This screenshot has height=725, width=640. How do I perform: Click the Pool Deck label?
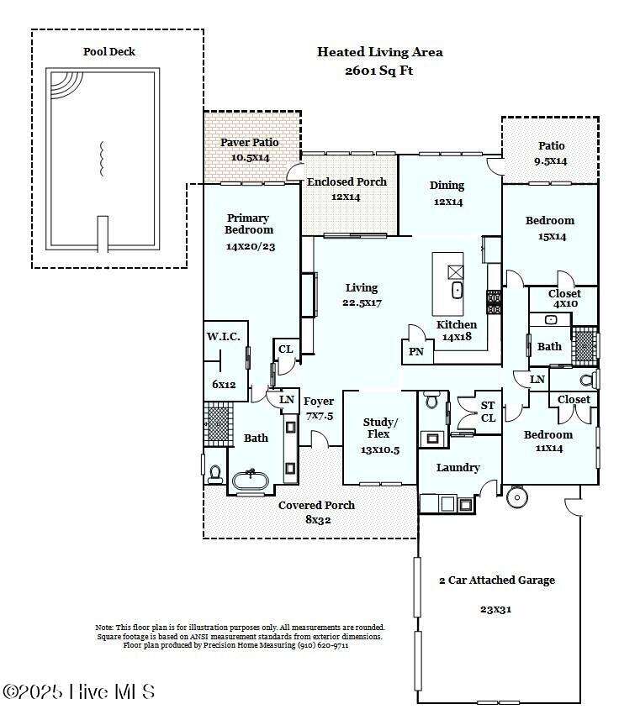[x=108, y=51]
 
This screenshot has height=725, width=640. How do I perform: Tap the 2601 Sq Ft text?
[x=378, y=71]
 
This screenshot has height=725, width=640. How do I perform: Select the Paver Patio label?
[x=249, y=143]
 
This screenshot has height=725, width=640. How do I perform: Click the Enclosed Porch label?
[x=346, y=182]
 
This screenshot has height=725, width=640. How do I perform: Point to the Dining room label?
[x=447, y=186]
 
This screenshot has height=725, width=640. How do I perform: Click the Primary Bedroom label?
[x=249, y=224]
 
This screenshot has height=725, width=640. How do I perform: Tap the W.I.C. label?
[x=224, y=337]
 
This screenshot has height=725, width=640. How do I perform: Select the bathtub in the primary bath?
[x=250, y=480]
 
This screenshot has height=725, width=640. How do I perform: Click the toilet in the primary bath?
[x=215, y=475]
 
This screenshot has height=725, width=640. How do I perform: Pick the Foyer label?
[x=319, y=402]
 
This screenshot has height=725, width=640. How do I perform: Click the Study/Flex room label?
[x=380, y=428]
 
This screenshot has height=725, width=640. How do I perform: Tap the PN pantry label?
[x=416, y=352]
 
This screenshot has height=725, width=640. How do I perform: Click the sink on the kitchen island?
[x=457, y=291]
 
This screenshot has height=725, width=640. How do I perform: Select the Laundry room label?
[x=458, y=468]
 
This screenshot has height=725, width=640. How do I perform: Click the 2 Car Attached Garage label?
[x=497, y=581]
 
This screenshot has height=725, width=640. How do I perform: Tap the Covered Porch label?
[x=316, y=506]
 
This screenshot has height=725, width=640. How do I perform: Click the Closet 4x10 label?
[x=564, y=294]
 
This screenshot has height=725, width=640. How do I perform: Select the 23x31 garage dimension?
[x=496, y=609]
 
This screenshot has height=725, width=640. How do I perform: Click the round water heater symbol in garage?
[x=516, y=497]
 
